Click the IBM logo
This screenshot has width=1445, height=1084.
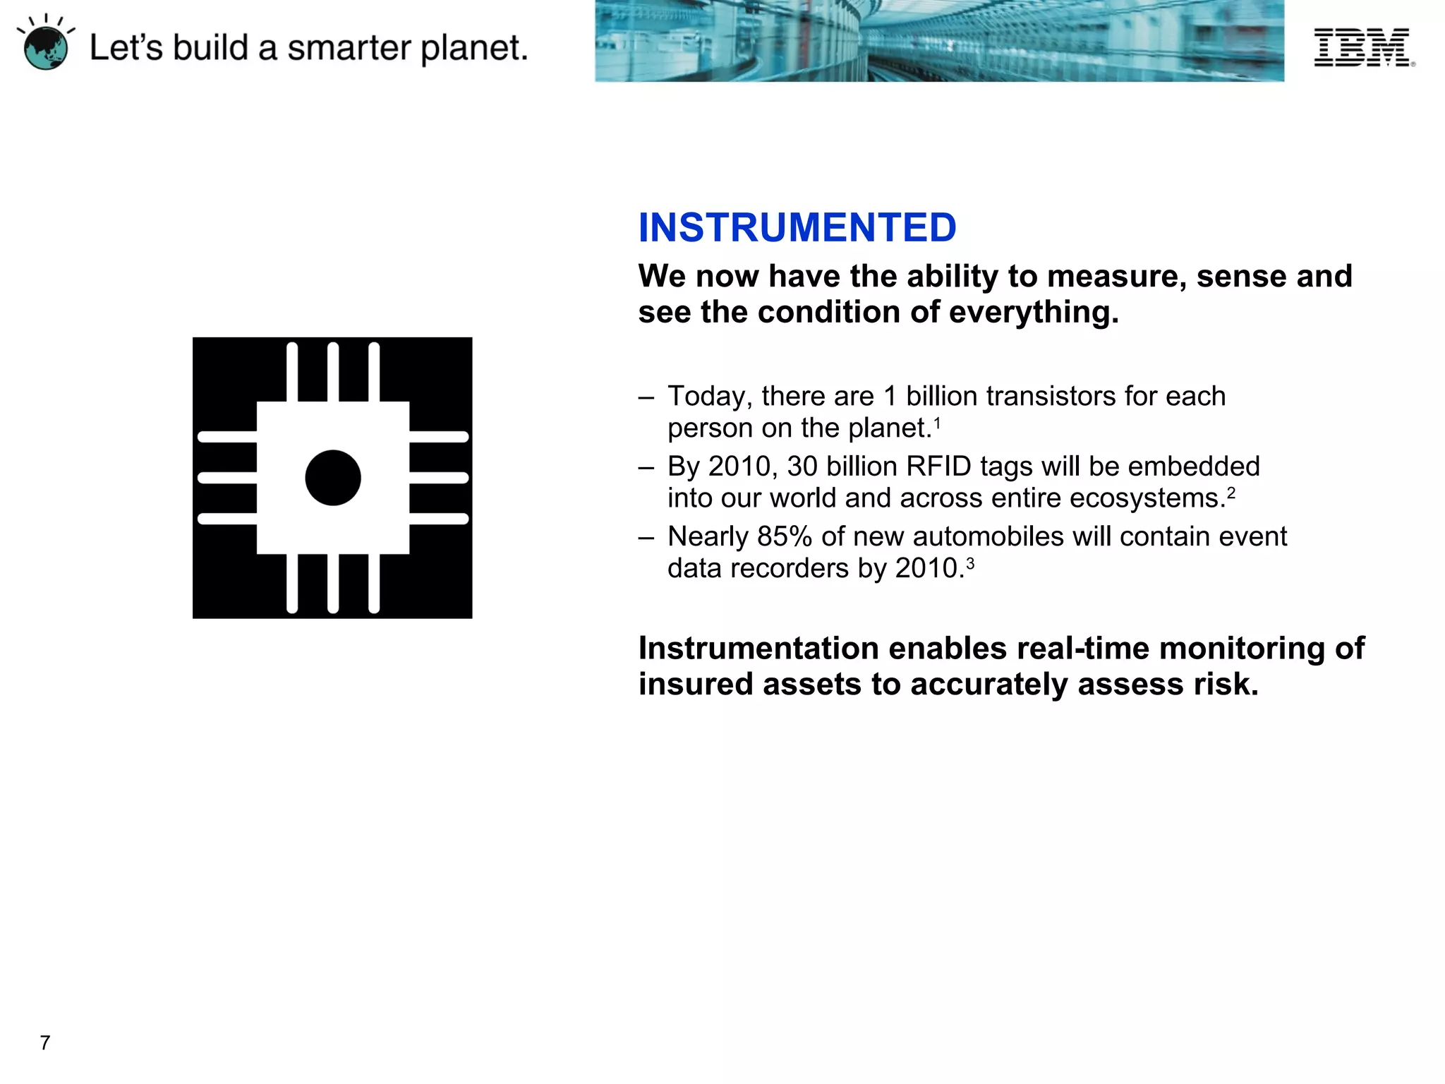click(1362, 47)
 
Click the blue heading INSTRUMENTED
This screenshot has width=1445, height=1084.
click(797, 227)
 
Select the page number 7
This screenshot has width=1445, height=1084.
click(45, 1042)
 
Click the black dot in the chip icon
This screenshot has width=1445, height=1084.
click(333, 478)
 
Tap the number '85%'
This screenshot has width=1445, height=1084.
click(785, 536)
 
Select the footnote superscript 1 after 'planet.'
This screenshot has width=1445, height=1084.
click(937, 423)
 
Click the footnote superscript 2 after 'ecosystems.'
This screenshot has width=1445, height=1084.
click(1231, 493)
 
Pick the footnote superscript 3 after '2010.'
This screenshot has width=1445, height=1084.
click(970, 563)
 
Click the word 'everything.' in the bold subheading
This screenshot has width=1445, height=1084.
click(1034, 312)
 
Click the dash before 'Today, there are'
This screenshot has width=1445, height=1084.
click(646, 397)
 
